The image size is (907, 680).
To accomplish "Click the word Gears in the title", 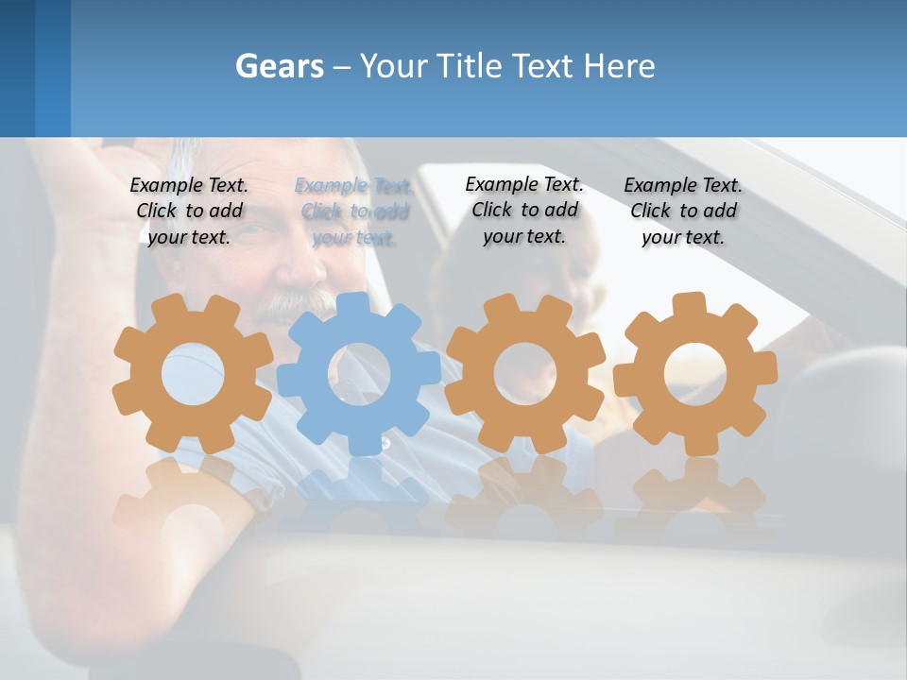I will point(279,66).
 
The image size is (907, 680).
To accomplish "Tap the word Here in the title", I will point(619,66).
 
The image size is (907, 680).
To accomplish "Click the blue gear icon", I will point(359,373).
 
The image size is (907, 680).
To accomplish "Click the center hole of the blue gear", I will point(359,374).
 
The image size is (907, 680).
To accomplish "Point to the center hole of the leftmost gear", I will point(193,374).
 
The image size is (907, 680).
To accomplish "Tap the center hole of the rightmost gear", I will point(695,374).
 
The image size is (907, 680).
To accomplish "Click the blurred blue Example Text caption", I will point(354,211).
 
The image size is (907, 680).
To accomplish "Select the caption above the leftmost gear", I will point(189,211).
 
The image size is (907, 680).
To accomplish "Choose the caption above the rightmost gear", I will point(683,211).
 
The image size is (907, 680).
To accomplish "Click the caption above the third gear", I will point(524,210).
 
